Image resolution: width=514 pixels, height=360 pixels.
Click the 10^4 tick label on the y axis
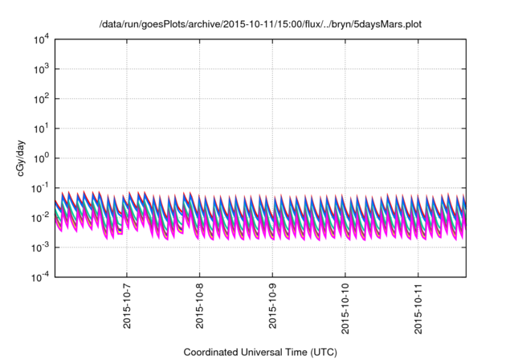click(x=42, y=39)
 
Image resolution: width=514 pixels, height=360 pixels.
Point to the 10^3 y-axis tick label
click(x=42, y=69)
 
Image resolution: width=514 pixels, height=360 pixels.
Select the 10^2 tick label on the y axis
click(x=42, y=99)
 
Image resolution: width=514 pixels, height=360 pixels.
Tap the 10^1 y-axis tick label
click(x=42, y=128)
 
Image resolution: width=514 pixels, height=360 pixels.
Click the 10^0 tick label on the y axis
click(x=42, y=157)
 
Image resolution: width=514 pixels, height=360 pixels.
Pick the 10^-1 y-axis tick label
click(x=40, y=187)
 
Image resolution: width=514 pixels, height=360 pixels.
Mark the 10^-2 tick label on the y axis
click(x=40, y=217)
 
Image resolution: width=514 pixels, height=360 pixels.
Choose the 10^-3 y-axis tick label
click(x=40, y=247)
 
